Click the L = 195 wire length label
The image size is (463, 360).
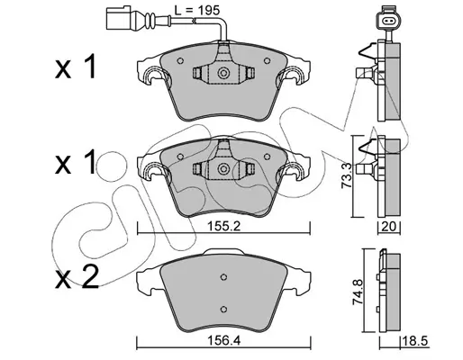197,11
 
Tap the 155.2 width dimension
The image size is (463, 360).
224,227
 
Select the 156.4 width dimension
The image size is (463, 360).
224,341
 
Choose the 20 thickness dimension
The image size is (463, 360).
389,227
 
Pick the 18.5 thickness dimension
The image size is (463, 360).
414,341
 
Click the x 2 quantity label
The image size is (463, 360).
77,277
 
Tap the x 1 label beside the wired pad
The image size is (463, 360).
76,67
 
